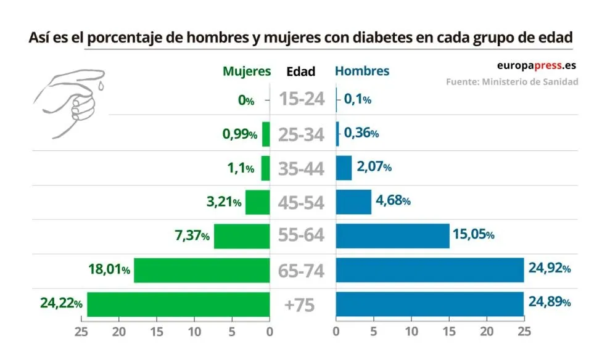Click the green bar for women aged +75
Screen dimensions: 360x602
pyautogui.click(x=178, y=304)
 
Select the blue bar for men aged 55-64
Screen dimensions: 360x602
pyautogui.click(x=392, y=235)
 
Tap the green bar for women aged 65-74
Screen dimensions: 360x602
pyautogui.click(x=202, y=270)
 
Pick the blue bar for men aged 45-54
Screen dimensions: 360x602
pyautogui.click(x=353, y=202)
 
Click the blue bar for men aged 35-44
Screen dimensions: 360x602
pyautogui.click(x=344, y=168)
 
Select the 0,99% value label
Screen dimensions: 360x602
pyautogui.click(x=239, y=134)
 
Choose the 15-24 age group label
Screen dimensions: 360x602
pyautogui.click(x=302, y=99)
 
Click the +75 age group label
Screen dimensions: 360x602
pyautogui.click(x=300, y=305)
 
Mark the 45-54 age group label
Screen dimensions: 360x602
pyautogui.click(x=301, y=202)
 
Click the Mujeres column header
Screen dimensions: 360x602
pyautogui.click(x=247, y=71)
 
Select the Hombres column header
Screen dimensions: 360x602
pyautogui.click(x=362, y=71)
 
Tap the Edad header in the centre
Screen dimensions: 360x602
pyautogui.click(x=301, y=72)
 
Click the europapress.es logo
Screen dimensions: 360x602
pyautogui.click(x=537, y=66)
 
